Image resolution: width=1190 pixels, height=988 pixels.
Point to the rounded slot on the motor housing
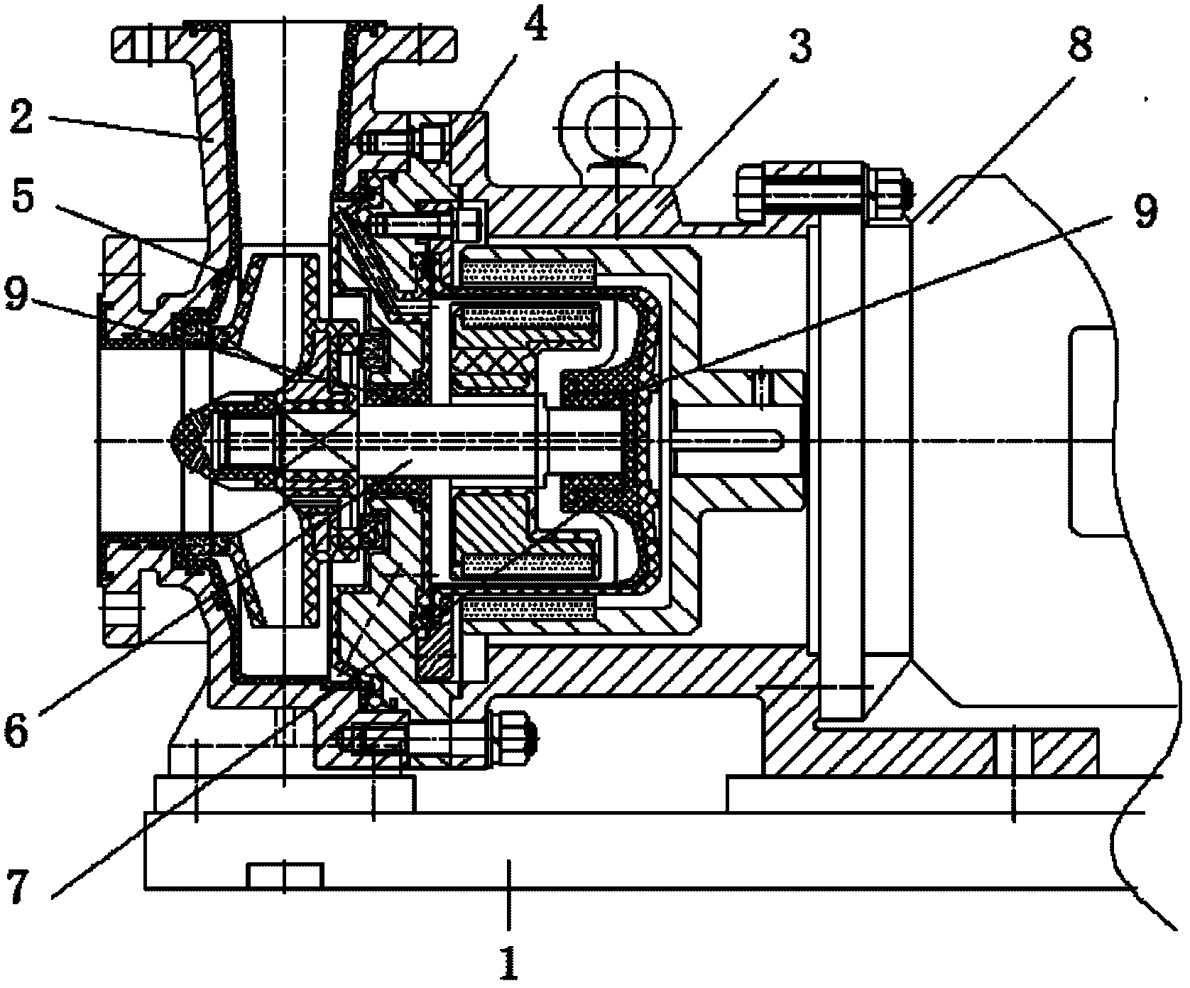(1093, 430)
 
